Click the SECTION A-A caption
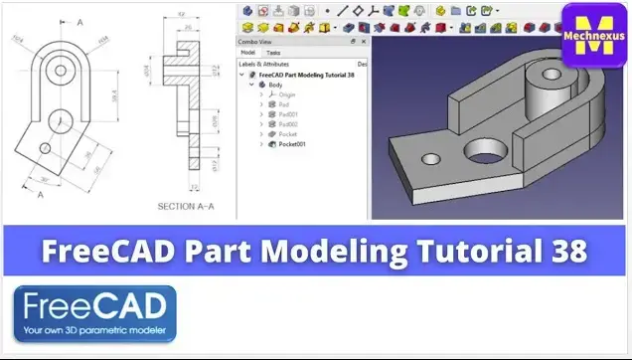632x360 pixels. click(x=185, y=206)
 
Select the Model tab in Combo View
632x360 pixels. click(x=248, y=53)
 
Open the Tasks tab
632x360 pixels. click(x=272, y=53)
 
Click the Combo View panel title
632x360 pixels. click(x=255, y=41)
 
